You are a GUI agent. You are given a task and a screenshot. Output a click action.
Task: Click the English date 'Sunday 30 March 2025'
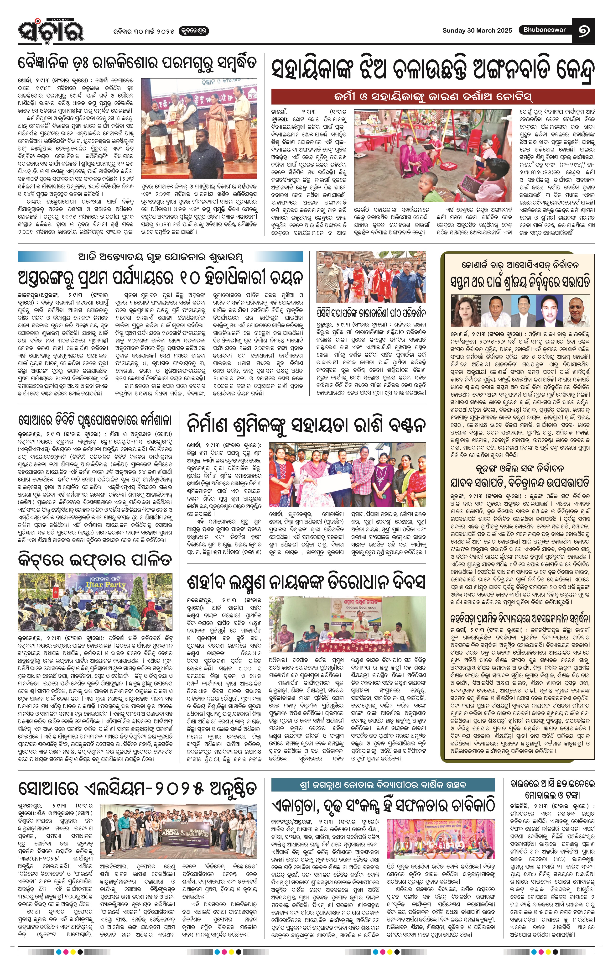pos(477,31)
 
